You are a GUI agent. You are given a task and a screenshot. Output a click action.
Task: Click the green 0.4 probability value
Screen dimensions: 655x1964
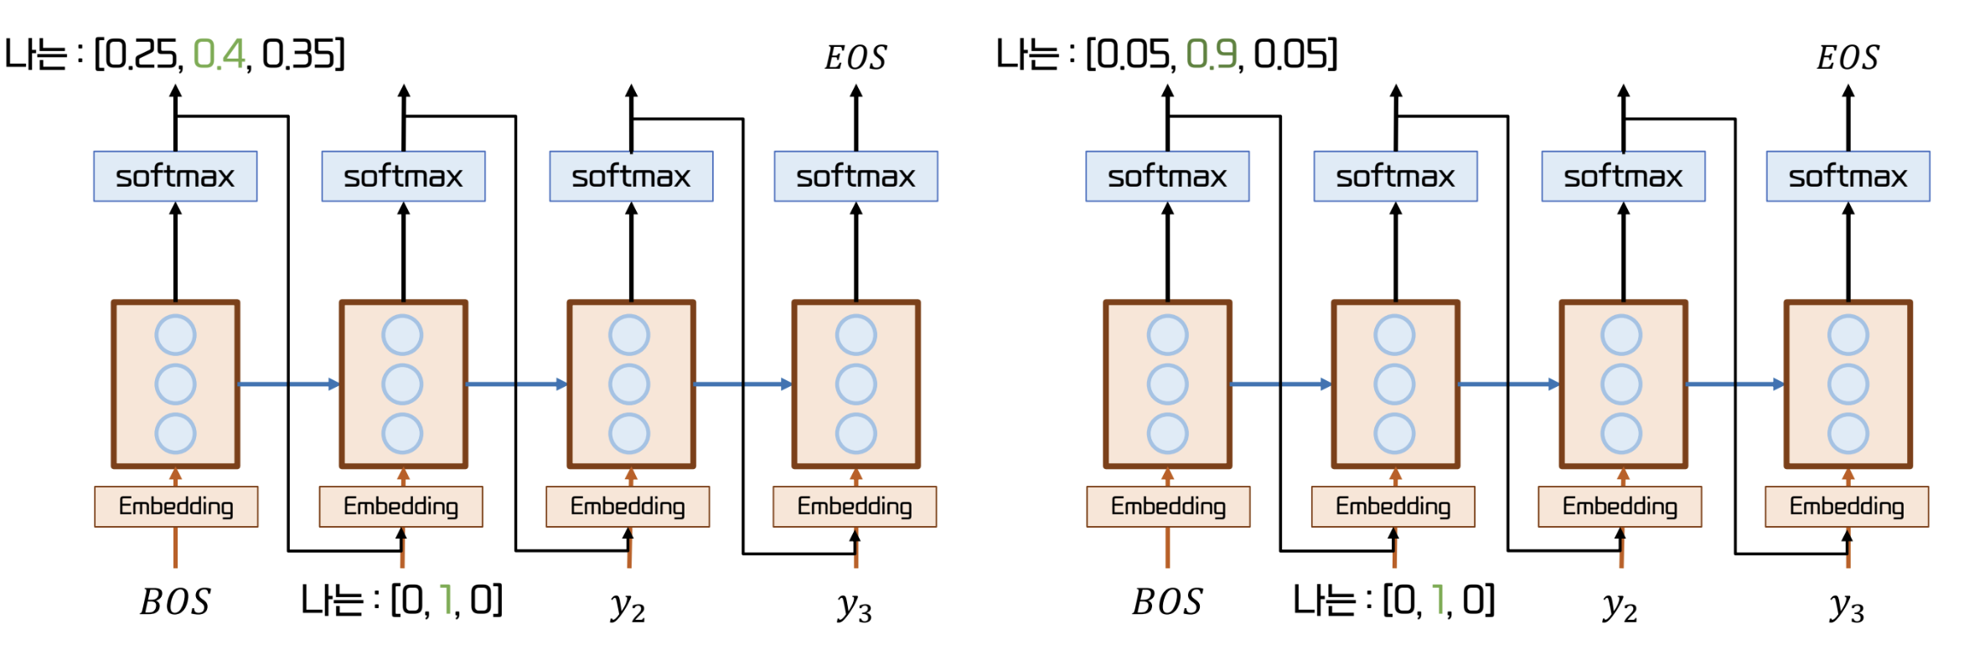point(219,55)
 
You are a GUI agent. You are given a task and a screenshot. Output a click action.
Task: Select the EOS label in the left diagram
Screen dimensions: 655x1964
point(855,58)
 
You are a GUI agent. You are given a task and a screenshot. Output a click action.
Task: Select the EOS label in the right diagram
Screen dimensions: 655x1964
point(1848,58)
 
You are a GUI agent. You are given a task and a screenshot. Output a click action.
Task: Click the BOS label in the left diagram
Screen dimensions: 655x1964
point(175,602)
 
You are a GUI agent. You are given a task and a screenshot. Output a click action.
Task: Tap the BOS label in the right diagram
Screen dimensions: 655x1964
point(1167,602)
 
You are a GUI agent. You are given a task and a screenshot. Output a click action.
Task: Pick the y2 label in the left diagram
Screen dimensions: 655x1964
point(628,605)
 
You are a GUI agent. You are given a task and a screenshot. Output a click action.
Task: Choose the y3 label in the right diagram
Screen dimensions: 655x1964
point(1847,605)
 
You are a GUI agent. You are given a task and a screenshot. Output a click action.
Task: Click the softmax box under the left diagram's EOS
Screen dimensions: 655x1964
point(855,177)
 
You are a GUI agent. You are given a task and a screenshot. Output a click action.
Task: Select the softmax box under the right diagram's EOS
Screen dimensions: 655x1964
point(1848,177)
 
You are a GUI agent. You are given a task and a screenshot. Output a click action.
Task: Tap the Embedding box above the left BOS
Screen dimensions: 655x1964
point(176,507)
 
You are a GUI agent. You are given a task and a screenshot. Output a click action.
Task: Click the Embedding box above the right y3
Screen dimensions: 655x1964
point(1847,507)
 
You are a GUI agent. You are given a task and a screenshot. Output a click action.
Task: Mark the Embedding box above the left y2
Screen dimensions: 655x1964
point(628,507)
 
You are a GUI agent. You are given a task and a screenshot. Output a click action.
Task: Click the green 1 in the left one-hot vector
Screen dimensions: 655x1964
point(445,601)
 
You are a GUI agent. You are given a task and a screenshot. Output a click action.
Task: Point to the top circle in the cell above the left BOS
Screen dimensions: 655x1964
point(175,335)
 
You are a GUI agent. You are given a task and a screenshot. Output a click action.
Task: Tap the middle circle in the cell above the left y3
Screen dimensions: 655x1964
point(855,384)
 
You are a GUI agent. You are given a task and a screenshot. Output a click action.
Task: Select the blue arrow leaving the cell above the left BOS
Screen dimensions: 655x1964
point(288,384)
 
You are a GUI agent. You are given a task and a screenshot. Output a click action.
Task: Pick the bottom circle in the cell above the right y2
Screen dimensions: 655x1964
point(1621,434)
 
